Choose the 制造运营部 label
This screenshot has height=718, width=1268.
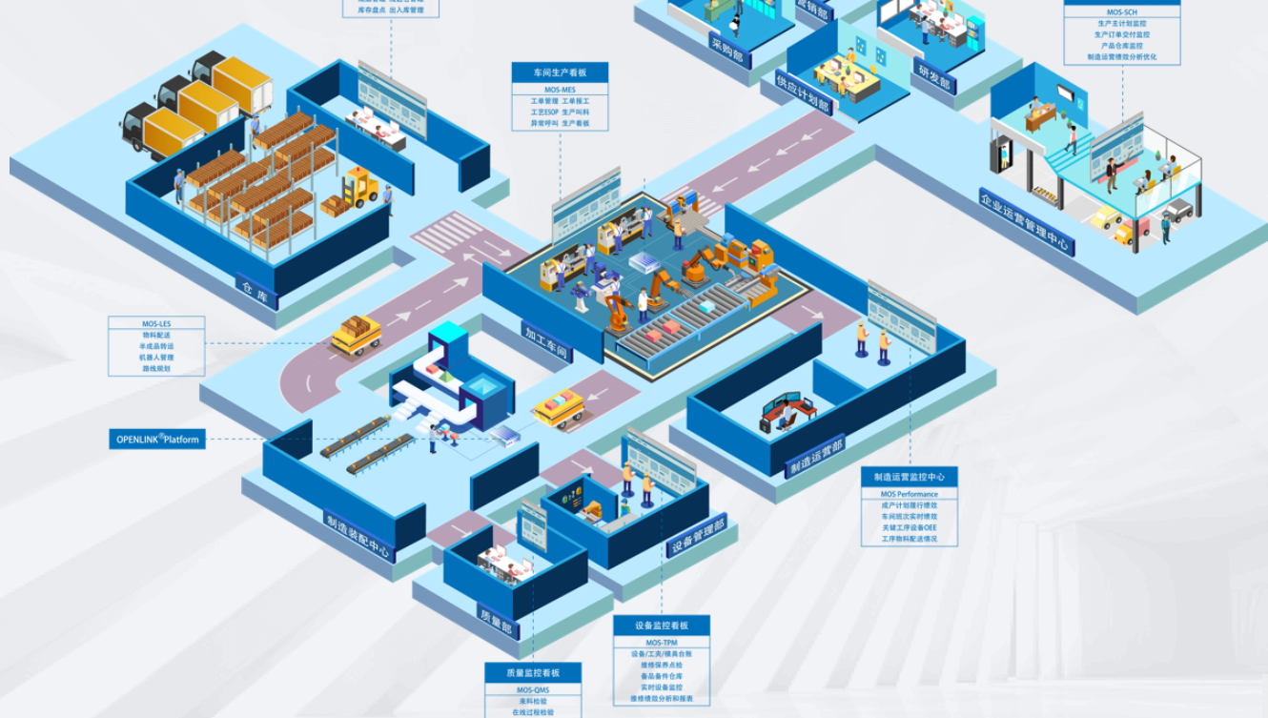point(815,458)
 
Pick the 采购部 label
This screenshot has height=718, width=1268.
point(729,51)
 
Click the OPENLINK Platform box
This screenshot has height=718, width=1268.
point(157,440)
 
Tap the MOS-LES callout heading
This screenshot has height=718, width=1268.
point(156,324)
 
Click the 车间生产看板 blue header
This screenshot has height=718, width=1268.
point(560,72)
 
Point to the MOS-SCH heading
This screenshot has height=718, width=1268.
point(1121,12)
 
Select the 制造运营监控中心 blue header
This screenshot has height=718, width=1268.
point(909,477)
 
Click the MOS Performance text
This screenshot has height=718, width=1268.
point(909,494)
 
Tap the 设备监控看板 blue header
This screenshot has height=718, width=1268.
point(661,626)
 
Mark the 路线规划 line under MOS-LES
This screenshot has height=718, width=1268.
point(156,368)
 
